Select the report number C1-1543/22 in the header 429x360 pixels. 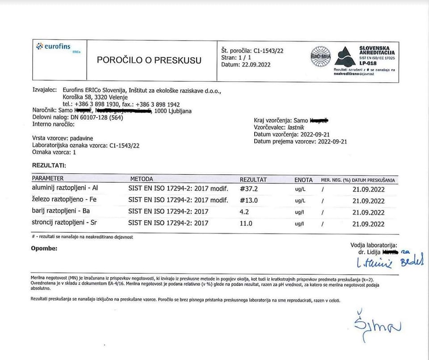click(268, 50)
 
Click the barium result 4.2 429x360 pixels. click(244, 212)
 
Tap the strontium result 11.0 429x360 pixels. click(246, 223)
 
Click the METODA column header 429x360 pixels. click(142, 179)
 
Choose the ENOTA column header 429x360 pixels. click(303, 180)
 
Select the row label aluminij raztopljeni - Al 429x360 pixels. click(65, 188)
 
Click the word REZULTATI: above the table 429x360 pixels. click(49, 166)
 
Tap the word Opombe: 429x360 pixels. click(44, 248)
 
